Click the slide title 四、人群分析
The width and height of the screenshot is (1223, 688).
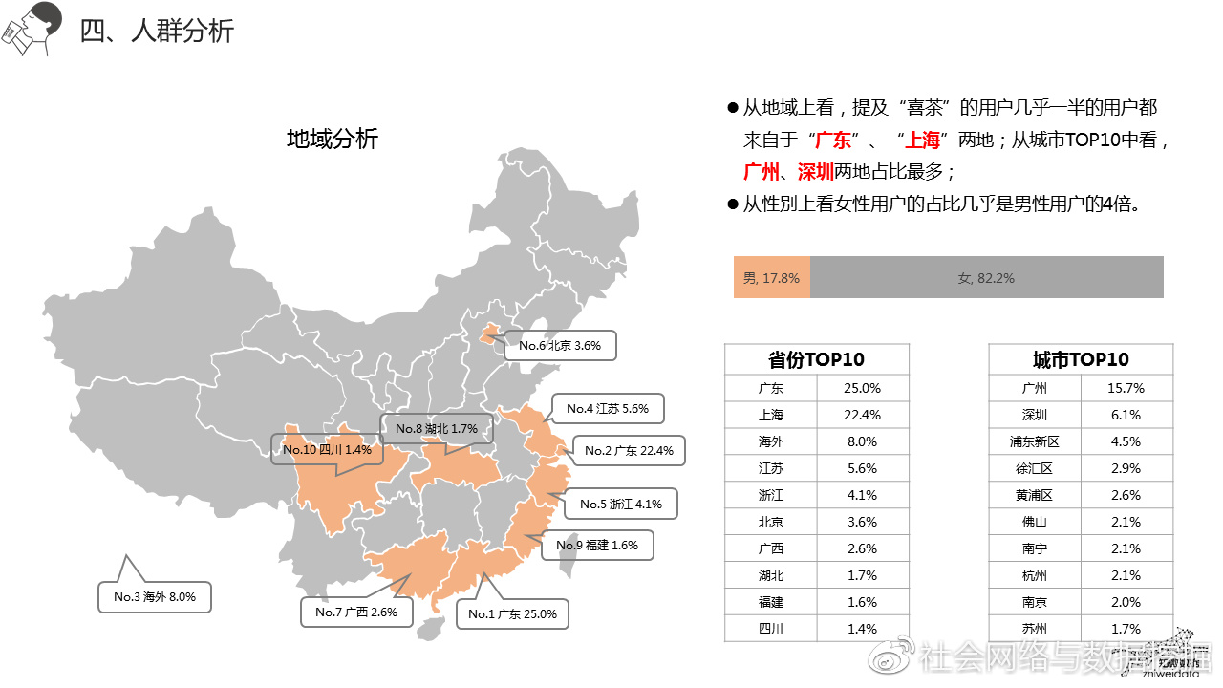click(157, 32)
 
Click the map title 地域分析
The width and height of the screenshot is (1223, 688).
click(333, 139)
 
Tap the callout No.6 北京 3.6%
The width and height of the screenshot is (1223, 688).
click(560, 346)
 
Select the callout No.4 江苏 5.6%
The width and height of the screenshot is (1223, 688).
click(608, 409)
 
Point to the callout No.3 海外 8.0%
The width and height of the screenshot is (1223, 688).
click(155, 597)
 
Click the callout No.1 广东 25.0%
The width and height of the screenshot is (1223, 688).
click(512, 614)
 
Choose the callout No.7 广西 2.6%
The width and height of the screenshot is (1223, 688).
click(350, 612)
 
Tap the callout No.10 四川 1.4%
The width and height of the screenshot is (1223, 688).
click(326, 449)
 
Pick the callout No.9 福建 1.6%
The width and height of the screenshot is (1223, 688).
click(597, 545)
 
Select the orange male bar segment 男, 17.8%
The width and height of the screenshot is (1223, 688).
click(771, 278)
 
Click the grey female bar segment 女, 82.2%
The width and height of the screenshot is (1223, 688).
click(986, 278)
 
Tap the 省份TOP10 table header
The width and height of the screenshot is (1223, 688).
click(816, 360)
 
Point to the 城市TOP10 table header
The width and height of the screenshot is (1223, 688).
click(1081, 360)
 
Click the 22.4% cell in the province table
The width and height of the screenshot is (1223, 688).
click(862, 416)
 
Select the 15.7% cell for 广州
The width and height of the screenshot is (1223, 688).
click(1126, 389)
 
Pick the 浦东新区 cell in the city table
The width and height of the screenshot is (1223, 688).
click(1036, 442)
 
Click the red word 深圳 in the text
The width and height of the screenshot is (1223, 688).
click(815, 172)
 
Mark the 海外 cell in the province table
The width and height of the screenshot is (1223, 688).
click(770, 442)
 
